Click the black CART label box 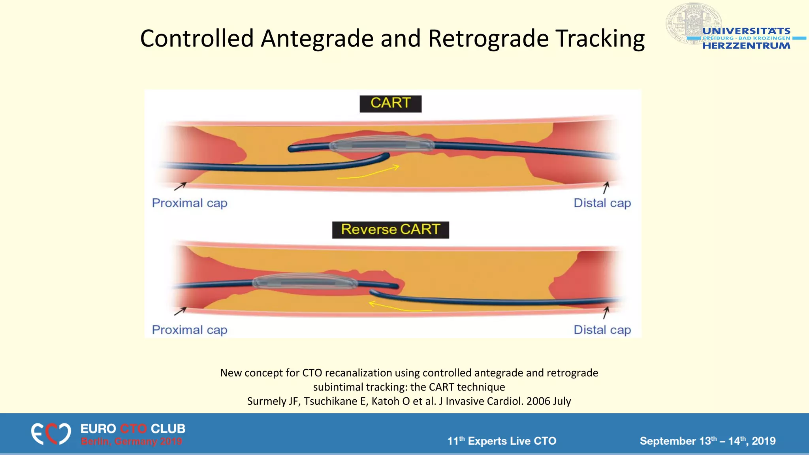click(390, 103)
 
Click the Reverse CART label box click(390, 230)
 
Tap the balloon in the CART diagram click(381, 145)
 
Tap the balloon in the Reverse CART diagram click(305, 282)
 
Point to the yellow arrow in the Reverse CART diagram click(399, 307)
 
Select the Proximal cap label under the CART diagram click(190, 203)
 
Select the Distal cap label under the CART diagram click(602, 203)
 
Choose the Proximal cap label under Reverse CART click(190, 330)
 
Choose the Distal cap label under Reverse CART click(602, 330)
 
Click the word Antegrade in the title click(318, 39)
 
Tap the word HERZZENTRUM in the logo click(746, 46)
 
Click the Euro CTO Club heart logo click(51, 434)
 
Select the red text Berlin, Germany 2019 click(132, 441)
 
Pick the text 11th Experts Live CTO click(502, 441)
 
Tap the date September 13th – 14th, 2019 click(707, 441)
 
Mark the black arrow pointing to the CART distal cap click(606, 188)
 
